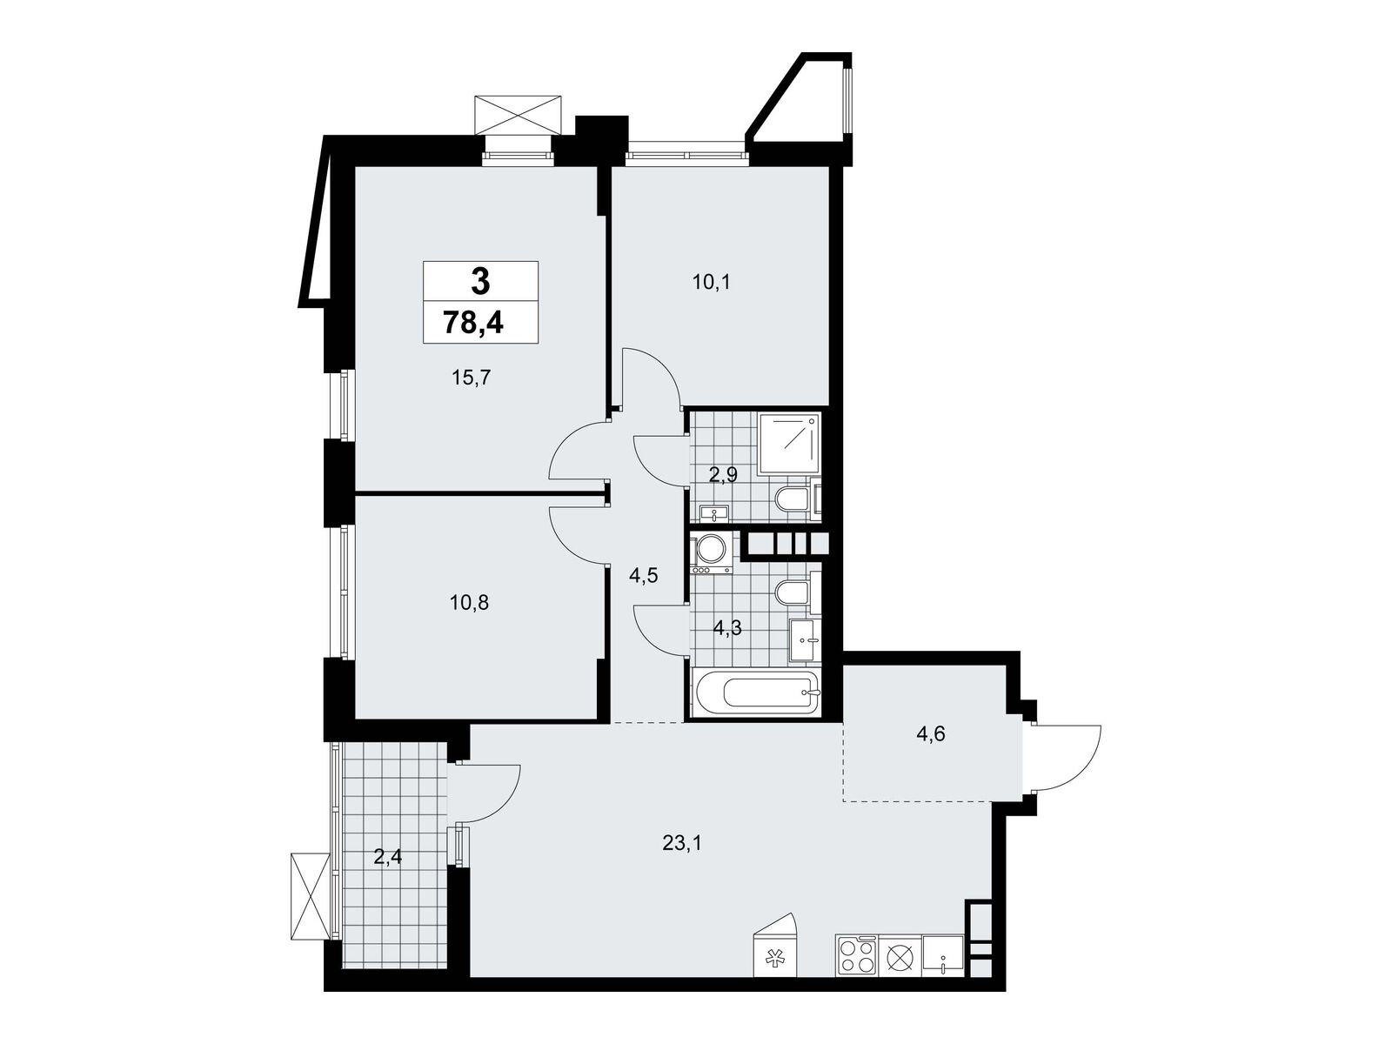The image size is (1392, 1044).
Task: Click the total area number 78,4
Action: click(x=473, y=323)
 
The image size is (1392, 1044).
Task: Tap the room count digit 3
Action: click(x=481, y=281)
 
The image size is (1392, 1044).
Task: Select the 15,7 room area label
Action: click(x=472, y=378)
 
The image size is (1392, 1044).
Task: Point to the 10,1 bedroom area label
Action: click(x=711, y=282)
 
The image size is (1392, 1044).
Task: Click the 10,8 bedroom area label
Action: click(x=469, y=602)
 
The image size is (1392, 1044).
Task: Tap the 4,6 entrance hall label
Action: click(x=931, y=734)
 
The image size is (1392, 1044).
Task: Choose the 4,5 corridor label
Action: click(x=644, y=576)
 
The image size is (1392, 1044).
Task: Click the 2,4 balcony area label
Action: click(x=387, y=858)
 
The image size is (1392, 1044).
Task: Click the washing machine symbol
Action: click(x=713, y=552)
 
